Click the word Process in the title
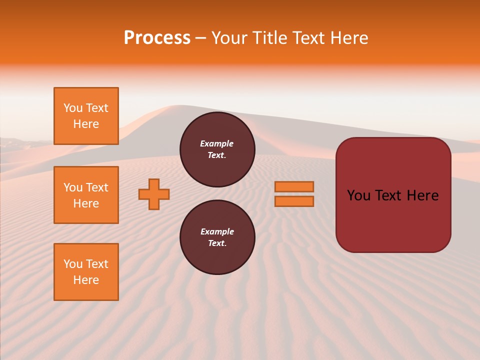tap(157, 38)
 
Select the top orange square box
tap(86, 116)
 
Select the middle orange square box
tap(86, 195)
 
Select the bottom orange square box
tap(86, 272)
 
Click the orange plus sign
tap(154, 194)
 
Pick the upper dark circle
tap(217, 149)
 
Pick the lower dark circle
tap(217, 237)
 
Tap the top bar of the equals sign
tap(294, 187)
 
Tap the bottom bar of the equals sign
tap(294, 201)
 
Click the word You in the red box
tap(359, 195)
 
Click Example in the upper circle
tap(217, 143)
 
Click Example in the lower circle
tap(217, 231)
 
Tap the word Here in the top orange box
tap(86, 124)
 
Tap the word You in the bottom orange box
tap(73, 264)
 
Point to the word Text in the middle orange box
tap(96, 187)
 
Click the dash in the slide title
tap(200, 38)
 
